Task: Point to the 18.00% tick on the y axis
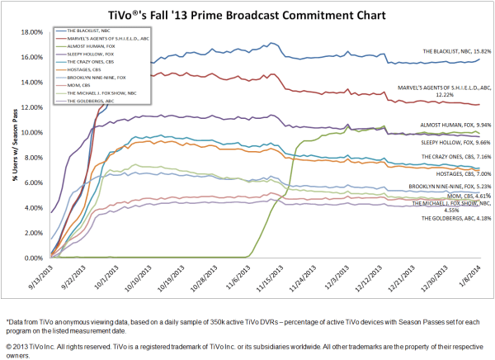31,32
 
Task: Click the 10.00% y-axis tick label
31,133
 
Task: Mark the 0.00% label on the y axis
33,258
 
